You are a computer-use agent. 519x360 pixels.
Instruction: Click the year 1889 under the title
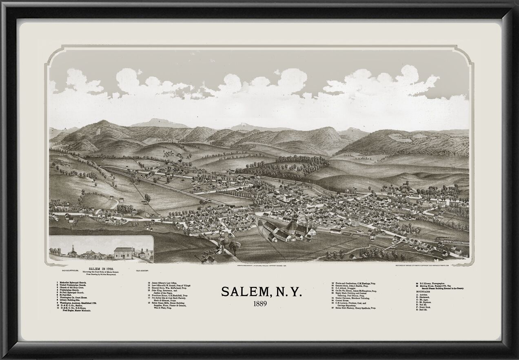[x=260, y=303]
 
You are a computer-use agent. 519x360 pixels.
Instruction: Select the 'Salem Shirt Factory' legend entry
[x=355, y=308]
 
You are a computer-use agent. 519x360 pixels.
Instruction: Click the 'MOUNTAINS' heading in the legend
[x=425, y=292]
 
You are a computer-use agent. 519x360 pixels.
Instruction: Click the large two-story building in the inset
[x=124, y=253]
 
